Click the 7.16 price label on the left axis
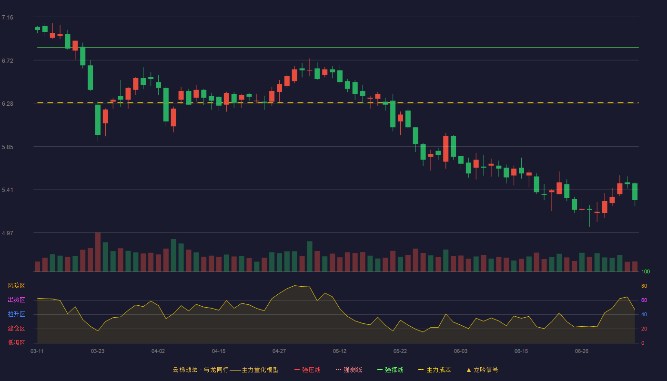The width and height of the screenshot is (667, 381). click(x=8, y=18)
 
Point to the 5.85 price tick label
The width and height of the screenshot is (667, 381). click(x=8, y=147)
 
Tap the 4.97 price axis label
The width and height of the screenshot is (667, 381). click(x=8, y=233)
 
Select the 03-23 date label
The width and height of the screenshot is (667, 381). click(x=98, y=351)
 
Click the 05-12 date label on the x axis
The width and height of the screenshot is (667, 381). click(x=339, y=351)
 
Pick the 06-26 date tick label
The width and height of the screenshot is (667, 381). click(x=582, y=351)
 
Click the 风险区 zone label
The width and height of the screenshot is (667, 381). click(x=16, y=286)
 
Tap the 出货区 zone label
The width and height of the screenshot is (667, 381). click(x=16, y=300)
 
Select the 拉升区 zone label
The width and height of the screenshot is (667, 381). click(x=16, y=314)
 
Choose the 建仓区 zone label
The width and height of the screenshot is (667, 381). click(x=16, y=328)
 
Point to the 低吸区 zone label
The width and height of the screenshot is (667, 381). click(x=16, y=342)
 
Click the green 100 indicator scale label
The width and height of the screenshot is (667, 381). click(x=646, y=271)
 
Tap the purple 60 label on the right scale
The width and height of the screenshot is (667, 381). click(x=644, y=300)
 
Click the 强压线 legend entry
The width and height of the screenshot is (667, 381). click(x=307, y=370)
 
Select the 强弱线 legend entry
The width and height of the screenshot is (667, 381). click(x=349, y=370)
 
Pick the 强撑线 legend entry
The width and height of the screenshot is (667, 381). click(x=390, y=370)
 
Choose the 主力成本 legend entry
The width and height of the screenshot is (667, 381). click(x=435, y=370)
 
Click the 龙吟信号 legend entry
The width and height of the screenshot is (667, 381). click(x=482, y=370)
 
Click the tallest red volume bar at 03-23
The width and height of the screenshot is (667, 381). click(x=98, y=252)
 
